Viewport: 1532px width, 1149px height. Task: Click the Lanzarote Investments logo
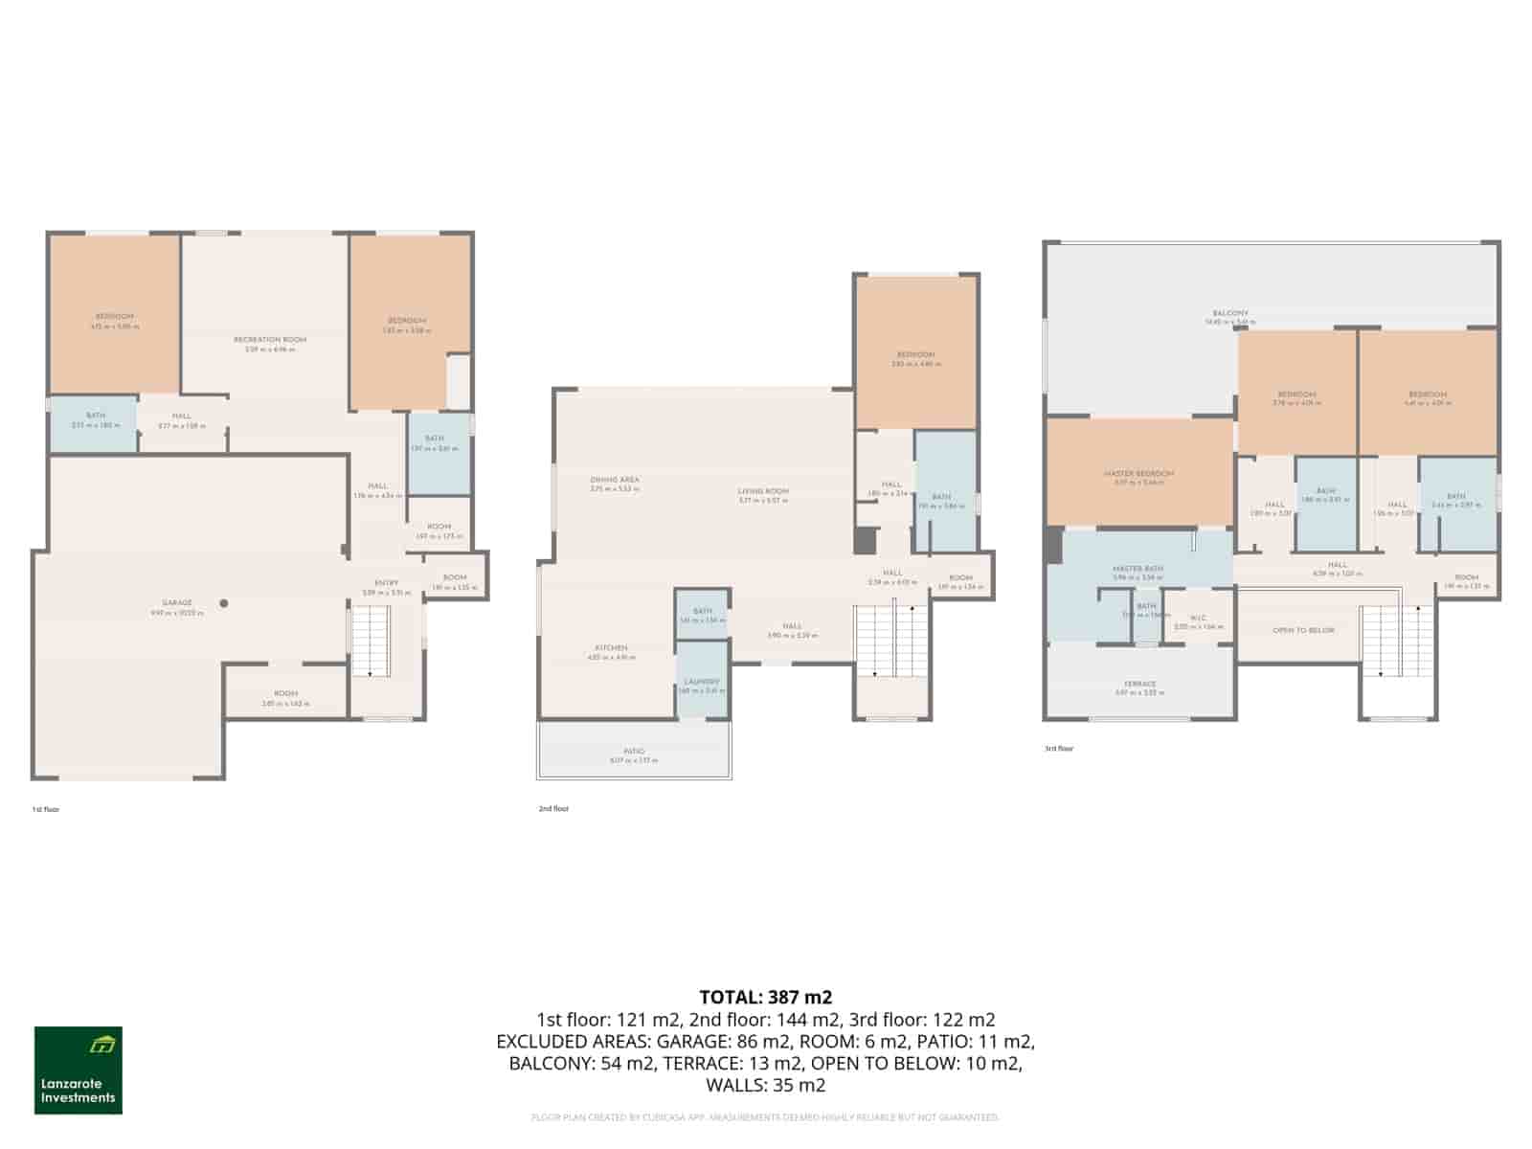point(79,1070)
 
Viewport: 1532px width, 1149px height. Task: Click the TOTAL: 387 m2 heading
point(765,998)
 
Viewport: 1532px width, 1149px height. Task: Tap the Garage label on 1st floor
point(177,603)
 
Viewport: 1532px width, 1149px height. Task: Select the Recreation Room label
point(270,340)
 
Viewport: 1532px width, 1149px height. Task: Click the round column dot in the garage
point(224,603)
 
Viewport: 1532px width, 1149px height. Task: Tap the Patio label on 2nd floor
point(634,752)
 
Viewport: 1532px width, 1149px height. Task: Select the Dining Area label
point(615,480)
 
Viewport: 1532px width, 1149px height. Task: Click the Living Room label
point(763,491)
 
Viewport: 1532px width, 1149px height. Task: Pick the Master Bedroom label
point(1138,474)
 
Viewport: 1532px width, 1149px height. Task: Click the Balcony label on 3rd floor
point(1230,313)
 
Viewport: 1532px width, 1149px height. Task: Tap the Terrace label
point(1139,685)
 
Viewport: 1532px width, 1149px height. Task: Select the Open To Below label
point(1303,631)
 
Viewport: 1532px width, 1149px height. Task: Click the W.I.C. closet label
point(1199,619)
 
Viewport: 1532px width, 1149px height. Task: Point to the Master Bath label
point(1138,569)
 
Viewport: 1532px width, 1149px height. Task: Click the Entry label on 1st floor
point(386,583)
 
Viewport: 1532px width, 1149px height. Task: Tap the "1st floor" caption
point(46,810)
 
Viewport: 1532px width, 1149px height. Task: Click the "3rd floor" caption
point(1059,749)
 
